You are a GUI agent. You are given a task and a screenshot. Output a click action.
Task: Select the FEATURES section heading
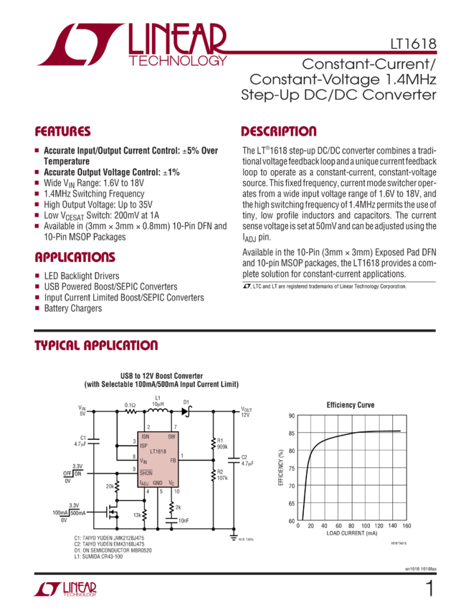point(63,132)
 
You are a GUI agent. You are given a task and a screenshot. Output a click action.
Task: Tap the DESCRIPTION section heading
point(279,132)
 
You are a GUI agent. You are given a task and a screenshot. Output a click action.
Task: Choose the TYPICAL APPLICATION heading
point(97,346)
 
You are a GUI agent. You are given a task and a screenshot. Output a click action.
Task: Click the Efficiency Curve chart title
point(351,405)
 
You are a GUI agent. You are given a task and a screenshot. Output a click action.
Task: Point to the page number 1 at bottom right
point(429,590)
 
